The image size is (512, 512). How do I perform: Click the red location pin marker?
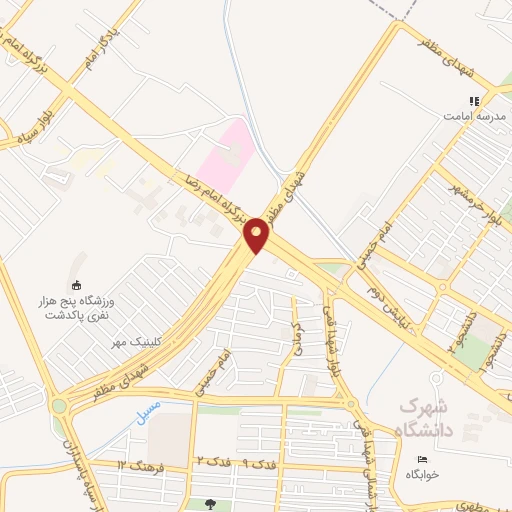[x=257, y=235]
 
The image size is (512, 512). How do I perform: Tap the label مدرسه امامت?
[x=469, y=115]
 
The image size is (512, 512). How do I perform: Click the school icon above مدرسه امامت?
[x=475, y=100]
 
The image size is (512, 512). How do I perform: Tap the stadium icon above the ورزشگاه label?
[x=77, y=284]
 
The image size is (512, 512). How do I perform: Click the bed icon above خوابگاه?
[x=422, y=460]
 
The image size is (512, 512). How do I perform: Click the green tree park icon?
[x=210, y=504]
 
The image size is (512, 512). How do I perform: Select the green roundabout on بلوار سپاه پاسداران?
[x=59, y=406]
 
